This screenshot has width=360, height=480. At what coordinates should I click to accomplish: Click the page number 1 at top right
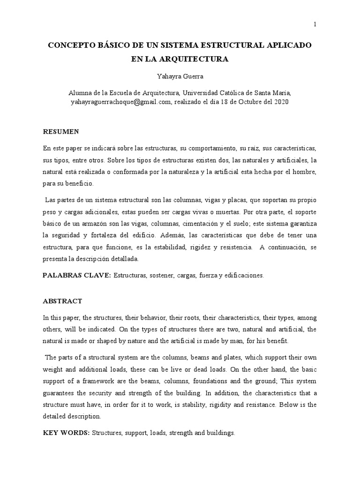[315, 24]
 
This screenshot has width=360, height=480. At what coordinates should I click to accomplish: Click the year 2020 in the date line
[280, 101]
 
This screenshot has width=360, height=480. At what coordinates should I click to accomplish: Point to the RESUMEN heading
[61, 131]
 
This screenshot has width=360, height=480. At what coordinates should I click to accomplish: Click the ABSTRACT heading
[62, 301]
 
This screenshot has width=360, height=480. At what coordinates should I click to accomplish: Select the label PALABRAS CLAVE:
[76, 275]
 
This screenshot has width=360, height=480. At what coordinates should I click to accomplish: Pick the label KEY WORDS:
[66, 433]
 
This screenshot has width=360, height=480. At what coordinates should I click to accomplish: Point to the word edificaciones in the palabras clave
[243, 276]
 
